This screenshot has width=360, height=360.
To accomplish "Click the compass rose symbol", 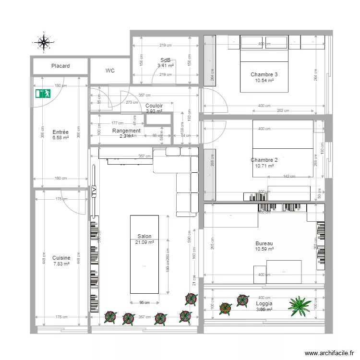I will (44, 42).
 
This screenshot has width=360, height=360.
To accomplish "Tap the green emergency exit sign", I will (43, 93).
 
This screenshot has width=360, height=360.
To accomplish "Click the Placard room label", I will (60, 66).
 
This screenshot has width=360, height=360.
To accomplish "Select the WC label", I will (110, 71).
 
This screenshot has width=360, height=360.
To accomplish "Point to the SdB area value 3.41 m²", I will (166, 66).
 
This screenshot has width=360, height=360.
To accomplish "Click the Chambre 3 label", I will (264, 74).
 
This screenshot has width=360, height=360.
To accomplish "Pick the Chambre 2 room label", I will (264, 160).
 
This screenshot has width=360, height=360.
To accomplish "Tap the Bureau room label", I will (264, 243).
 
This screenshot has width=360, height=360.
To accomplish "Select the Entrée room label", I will (60, 132).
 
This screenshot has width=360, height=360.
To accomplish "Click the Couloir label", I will (154, 106).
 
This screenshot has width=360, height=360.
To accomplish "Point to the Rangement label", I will (126, 131).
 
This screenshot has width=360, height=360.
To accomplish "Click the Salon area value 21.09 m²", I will (144, 242).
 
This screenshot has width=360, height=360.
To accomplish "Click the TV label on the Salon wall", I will (94, 192).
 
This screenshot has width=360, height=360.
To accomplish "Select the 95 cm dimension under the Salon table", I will (144, 302).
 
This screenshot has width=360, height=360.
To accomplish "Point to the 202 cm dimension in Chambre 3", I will (283, 111).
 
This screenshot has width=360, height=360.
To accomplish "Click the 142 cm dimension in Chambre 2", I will (289, 177).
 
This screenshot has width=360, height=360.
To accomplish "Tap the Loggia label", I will (264, 304).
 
